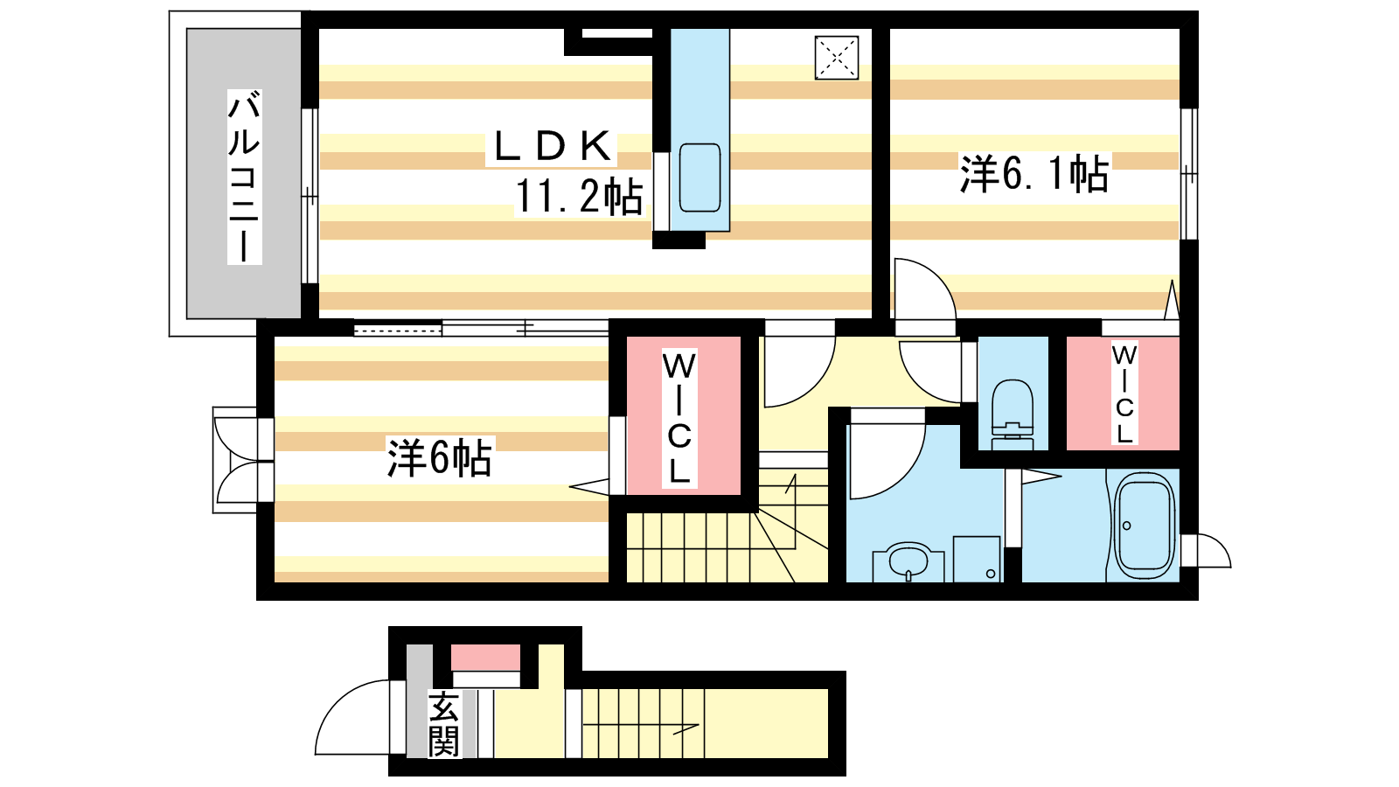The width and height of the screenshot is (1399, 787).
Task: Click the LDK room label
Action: click(552, 147)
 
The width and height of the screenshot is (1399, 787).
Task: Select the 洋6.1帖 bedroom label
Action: click(1034, 174)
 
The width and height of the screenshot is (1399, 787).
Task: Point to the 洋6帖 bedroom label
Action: click(439, 458)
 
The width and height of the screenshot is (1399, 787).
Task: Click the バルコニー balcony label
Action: click(244, 177)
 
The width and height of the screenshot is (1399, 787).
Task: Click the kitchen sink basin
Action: click(699, 178)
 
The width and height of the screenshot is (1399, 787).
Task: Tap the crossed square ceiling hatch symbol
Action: click(836, 58)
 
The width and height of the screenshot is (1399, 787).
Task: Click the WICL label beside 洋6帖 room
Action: click(679, 418)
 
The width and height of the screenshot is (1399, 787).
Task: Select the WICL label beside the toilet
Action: click(1124, 393)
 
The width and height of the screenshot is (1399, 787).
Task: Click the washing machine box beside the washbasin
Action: click(977, 559)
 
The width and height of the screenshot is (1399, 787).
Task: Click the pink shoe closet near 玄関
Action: click(486, 657)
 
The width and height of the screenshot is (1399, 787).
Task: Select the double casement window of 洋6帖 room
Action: click(235, 460)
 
